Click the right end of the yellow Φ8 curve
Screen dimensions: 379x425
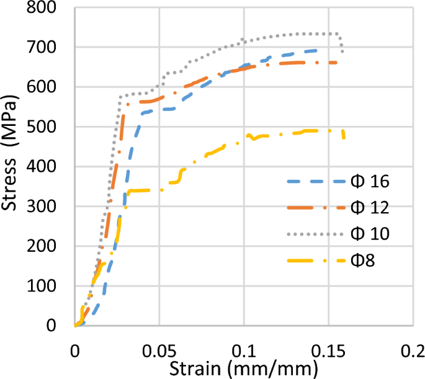click(344, 137)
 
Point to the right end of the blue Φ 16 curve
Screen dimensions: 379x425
click(316, 50)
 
